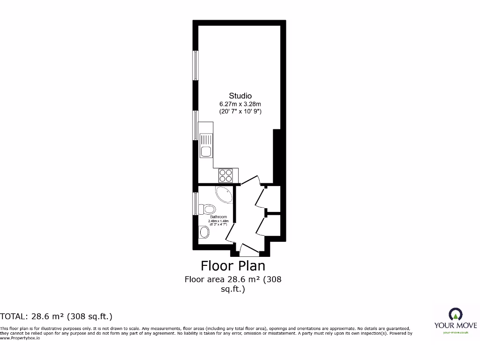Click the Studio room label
pyautogui.click(x=240, y=96)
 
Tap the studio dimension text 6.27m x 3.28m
pyautogui.click(x=240, y=104)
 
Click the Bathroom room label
pyautogui.click(x=218, y=217)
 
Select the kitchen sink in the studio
pyautogui.click(x=206, y=145)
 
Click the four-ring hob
pyautogui.click(x=225, y=175)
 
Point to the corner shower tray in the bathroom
pyautogui.click(x=224, y=194)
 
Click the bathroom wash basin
pyautogui.click(x=204, y=232)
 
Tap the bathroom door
pyautogui.click(x=230, y=232)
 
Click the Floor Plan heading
pyautogui.click(x=233, y=266)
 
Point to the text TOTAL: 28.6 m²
pyautogui.click(x=56, y=316)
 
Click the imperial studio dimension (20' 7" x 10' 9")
pyautogui.click(x=240, y=112)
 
